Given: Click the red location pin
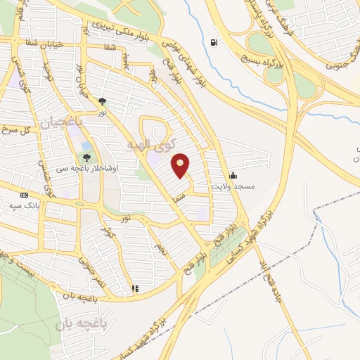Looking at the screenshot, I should pyautogui.click(x=181, y=165).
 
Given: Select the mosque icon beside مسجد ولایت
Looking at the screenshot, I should pyautogui.click(x=233, y=175).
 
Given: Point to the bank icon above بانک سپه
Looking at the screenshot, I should pyautogui.click(x=25, y=195).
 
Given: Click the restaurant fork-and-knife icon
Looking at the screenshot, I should pyautogui.click(x=134, y=288).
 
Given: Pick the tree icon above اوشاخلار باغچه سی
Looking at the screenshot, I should pyautogui.click(x=87, y=158).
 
